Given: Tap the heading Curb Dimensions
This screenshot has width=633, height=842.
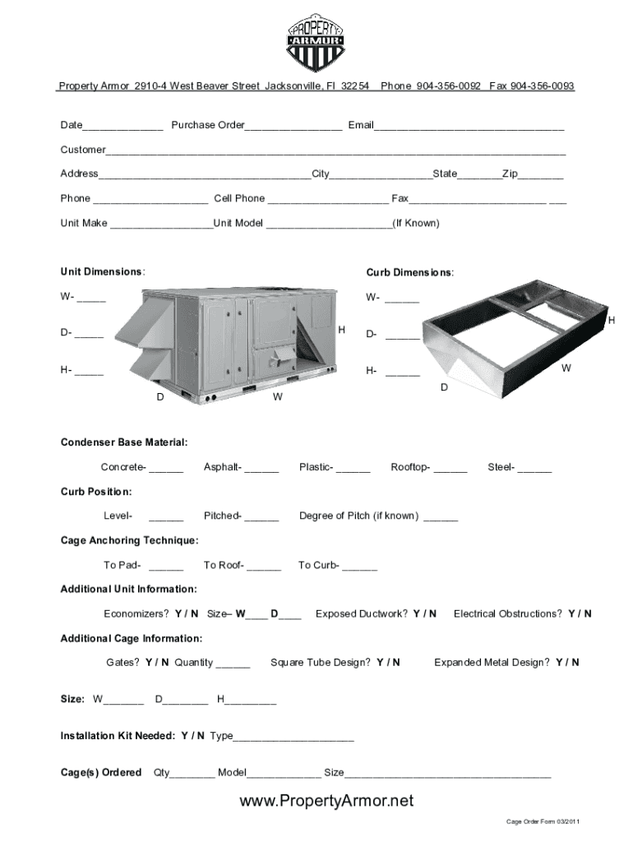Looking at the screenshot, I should coord(409,273).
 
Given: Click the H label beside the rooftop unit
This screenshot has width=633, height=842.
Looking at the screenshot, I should coord(341,330).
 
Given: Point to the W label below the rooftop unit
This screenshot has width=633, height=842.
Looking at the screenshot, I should coord(278,397).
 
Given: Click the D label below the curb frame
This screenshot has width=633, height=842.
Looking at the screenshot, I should coord(444,386).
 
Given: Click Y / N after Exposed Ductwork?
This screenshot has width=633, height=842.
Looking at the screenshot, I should coord(424,614).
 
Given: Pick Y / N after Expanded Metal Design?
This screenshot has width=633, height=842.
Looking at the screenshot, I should coord(567,663).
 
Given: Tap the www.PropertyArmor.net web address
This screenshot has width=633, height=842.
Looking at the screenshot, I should coord(326,801).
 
